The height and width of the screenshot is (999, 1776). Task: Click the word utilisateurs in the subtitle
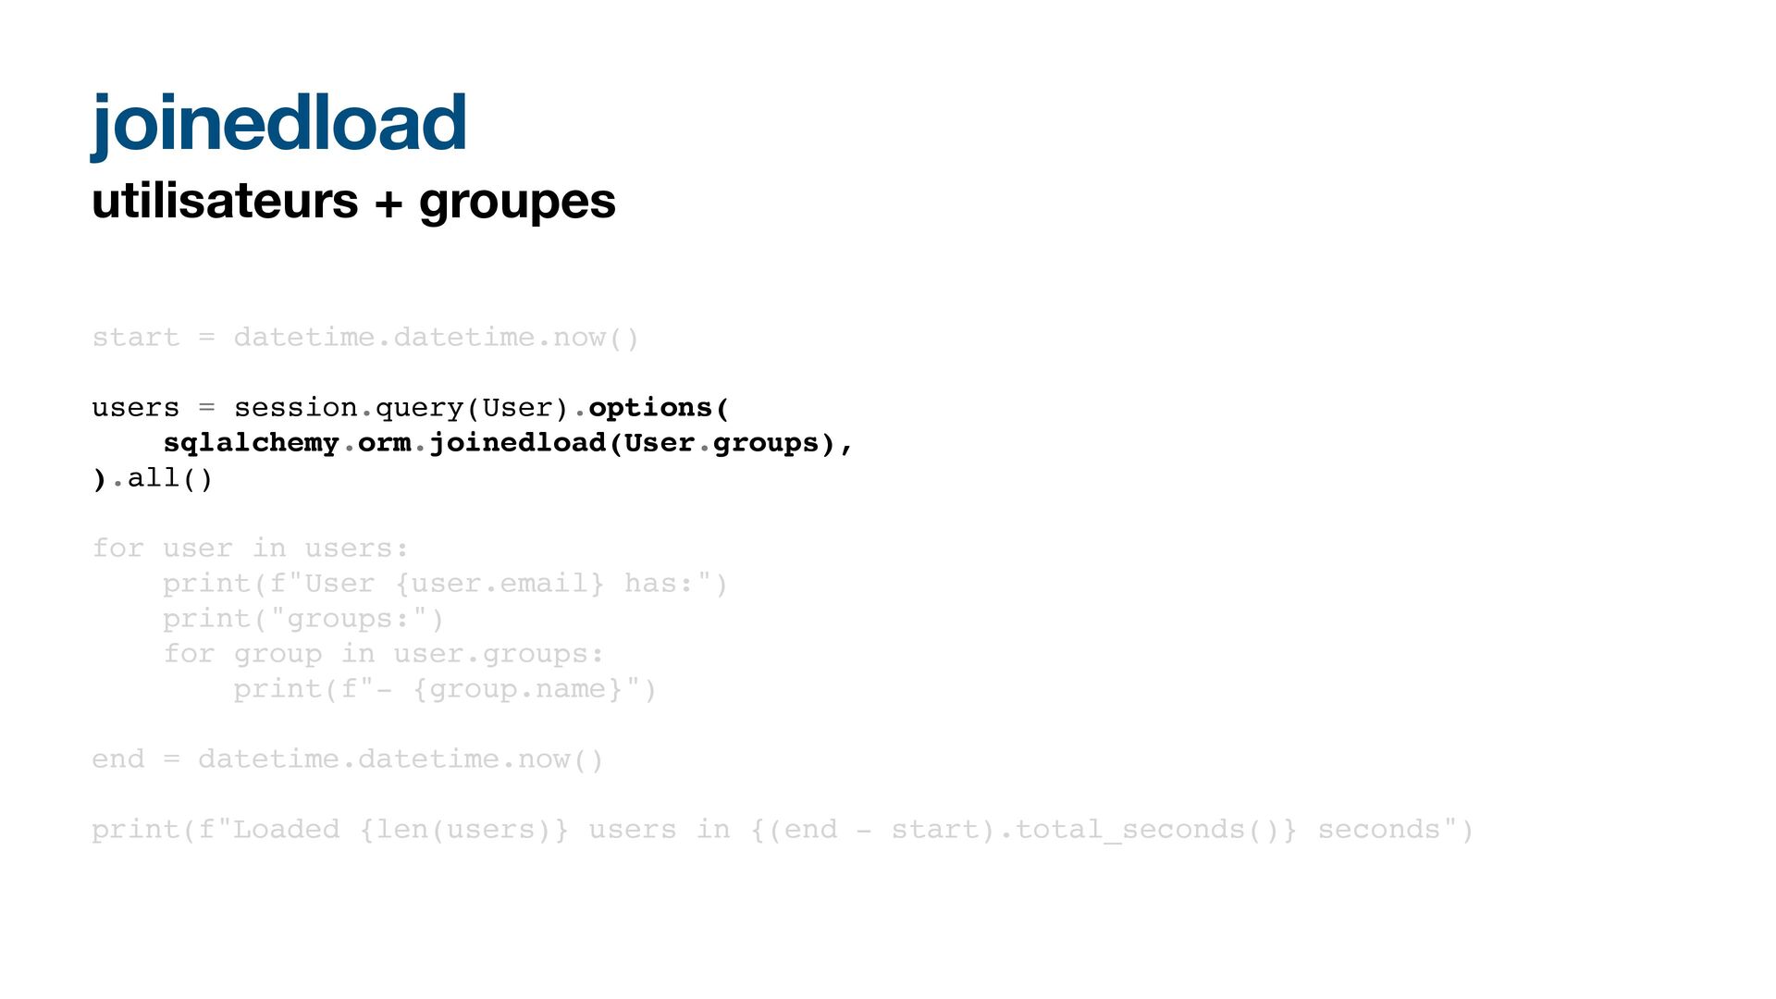click(x=225, y=201)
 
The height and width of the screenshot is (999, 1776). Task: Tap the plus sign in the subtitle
click(x=388, y=203)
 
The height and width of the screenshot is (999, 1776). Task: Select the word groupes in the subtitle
click(x=517, y=203)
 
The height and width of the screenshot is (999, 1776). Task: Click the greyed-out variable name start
click(x=135, y=338)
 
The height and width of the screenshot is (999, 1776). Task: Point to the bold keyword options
click(x=649, y=408)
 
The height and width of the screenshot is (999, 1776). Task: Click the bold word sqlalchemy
click(x=251, y=443)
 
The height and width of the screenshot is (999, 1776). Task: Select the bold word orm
click(x=384, y=443)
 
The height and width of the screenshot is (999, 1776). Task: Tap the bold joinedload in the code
click(x=517, y=443)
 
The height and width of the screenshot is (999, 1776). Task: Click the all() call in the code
click(x=170, y=478)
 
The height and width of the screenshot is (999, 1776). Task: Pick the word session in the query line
click(x=295, y=408)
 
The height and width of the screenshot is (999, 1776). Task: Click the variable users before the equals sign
click(x=135, y=408)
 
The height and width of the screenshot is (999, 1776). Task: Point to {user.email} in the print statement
click(x=499, y=584)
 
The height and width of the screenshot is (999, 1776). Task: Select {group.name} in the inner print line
click(x=517, y=689)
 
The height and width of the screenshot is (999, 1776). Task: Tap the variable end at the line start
click(x=117, y=759)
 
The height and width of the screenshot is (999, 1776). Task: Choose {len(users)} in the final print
click(x=463, y=830)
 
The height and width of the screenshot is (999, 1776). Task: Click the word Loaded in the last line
click(x=286, y=830)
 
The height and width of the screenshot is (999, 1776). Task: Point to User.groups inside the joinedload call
click(x=721, y=443)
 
